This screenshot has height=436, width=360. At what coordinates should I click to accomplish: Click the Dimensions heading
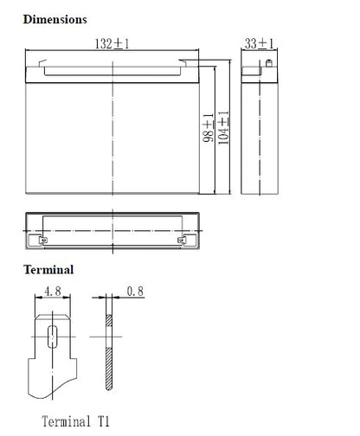point(55,20)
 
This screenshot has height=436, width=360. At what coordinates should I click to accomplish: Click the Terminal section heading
point(48,270)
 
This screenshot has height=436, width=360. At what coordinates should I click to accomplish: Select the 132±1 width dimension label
point(112,44)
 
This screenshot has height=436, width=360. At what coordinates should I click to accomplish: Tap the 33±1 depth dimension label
point(259,43)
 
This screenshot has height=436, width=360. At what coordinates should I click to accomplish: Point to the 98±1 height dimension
point(209,128)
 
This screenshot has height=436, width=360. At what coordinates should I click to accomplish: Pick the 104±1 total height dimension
point(223,128)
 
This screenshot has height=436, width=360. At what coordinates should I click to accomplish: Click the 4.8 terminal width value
point(53,292)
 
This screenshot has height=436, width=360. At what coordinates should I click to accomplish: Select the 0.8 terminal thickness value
point(135,292)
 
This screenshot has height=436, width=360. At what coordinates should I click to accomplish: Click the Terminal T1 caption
point(75,421)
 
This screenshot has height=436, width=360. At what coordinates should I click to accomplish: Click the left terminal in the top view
point(43,240)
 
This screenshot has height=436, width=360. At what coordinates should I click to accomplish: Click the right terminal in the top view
point(182,240)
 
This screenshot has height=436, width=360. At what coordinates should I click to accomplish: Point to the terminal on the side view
point(269,63)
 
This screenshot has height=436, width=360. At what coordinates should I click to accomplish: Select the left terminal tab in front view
point(42,63)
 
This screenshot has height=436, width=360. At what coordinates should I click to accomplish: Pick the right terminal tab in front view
point(183,63)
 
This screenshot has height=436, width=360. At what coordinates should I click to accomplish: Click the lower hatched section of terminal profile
point(109,369)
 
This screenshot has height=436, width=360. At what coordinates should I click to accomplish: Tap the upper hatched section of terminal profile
point(109,320)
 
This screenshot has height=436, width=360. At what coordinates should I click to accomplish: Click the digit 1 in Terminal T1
point(106,421)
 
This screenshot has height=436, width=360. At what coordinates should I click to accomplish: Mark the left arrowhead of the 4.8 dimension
point(38,297)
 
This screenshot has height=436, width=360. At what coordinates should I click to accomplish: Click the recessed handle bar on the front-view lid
point(112,72)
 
